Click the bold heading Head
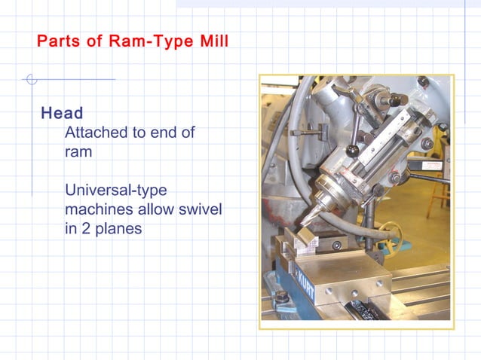click(62, 114)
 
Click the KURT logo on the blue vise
click(303, 284)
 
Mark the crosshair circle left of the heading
click(30, 79)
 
